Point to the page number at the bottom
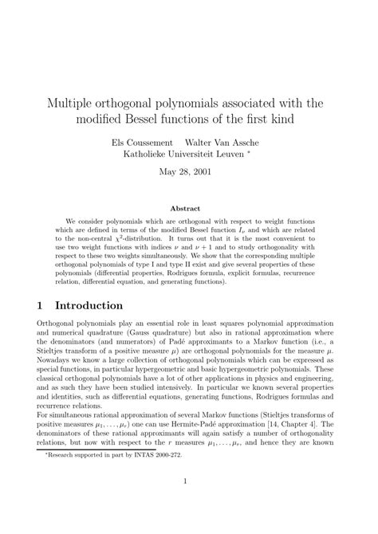coord(189,503)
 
